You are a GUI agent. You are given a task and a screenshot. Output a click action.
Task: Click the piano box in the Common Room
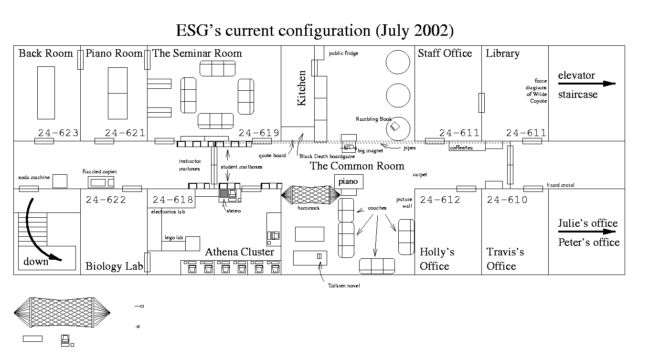[x=348, y=181]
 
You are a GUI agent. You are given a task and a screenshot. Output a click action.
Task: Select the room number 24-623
[x=58, y=133]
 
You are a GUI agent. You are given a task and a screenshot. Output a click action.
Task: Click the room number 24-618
[x=173, y=200]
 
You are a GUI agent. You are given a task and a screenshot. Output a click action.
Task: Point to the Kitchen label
[x=301, y=88]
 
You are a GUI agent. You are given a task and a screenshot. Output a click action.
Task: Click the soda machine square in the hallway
[x=60, y=181]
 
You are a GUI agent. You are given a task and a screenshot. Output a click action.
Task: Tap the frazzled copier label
[x=99, y=171]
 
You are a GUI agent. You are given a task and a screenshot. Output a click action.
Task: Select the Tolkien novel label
[x=343, y=286]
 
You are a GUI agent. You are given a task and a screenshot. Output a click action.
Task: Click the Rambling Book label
[x=373, y=119]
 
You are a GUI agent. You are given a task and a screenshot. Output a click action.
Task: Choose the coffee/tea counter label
[x=461, y=148]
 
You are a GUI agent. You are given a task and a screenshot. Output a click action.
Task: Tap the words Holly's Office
[x=436, y=259]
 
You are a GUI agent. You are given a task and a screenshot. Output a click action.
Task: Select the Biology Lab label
[x=114, y=266]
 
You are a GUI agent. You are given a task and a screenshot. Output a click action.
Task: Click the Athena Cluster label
[x=239, y=252]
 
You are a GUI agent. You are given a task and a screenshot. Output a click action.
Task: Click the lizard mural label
[x=560, y=185]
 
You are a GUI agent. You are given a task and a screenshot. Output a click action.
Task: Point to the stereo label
[x=234, y=211]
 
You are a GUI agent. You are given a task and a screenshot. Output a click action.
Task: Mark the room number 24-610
[x=507, y=200]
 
